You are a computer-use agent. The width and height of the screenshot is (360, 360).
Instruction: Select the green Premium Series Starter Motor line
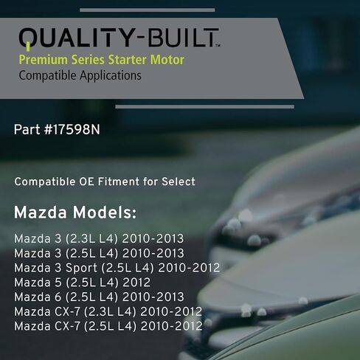tap(101, 60)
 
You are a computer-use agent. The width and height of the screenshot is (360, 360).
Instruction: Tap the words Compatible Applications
tap(80, 75)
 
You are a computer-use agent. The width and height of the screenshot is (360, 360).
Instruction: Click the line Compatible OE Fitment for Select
tap(105, 181)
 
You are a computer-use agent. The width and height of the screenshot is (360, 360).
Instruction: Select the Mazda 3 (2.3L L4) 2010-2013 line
tap(99, 239)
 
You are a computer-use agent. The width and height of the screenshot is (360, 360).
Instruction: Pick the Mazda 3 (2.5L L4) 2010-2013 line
tap(99, 253)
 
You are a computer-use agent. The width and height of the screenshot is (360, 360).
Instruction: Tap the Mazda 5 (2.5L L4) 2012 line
tap(83, 282)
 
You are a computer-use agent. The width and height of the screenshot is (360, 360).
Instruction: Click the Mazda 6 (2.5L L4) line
tap(99, 297)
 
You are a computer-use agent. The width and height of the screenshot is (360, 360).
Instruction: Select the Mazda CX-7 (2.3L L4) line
tap(108, 311)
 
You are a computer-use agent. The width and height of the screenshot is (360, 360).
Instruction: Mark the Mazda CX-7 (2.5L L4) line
tap(108, 325)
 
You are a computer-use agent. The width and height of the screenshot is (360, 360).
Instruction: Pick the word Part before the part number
tap(26, 129)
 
